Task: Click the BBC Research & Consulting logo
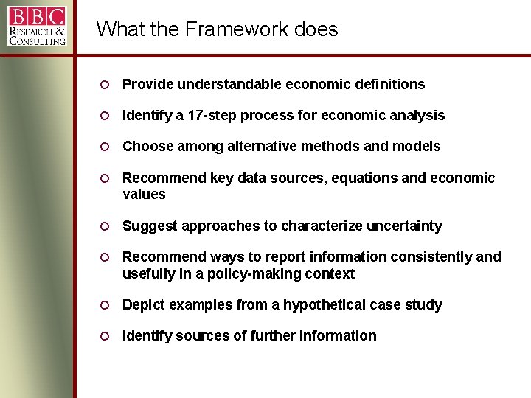pos(37,26)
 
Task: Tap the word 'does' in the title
pos(316,29)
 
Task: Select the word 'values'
pos(144,195)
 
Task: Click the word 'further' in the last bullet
pos(274,336)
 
